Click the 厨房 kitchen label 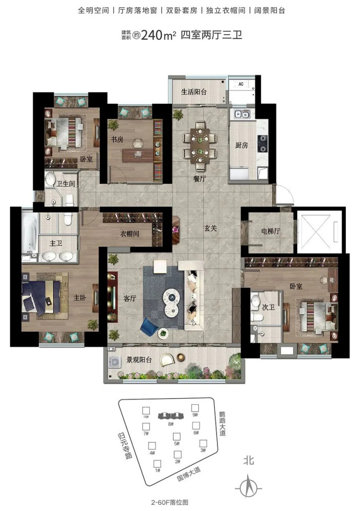(242, 145)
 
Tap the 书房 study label (117, 140)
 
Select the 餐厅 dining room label (199, 178)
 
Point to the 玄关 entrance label (210, 228)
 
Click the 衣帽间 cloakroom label (130, 234)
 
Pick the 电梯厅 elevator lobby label (271, 231)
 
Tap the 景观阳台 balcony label (139, 360)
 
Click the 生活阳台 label (194, 91)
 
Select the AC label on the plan (241, 84)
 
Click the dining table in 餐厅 (200, 145)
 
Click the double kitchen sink (242, 114)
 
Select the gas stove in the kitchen (262, 144)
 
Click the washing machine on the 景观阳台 (115, 362)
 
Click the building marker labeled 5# (177, 438)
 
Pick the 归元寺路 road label (125, 445)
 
